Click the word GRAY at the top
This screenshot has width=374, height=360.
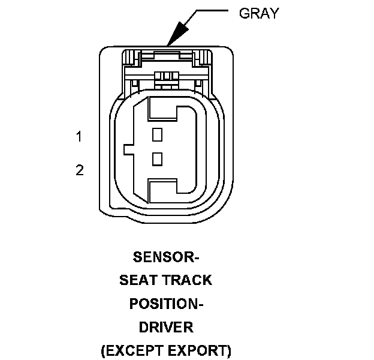259,13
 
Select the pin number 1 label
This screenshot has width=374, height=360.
79,137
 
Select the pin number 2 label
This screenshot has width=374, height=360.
79,170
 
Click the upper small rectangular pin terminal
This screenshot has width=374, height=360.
158,134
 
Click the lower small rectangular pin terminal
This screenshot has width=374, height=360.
158,158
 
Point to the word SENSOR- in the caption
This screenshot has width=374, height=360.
165,258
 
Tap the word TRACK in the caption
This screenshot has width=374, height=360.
187,280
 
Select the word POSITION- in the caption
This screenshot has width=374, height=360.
166,304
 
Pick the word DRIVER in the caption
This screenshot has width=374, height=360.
166,327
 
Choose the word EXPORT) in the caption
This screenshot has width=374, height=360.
202,350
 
